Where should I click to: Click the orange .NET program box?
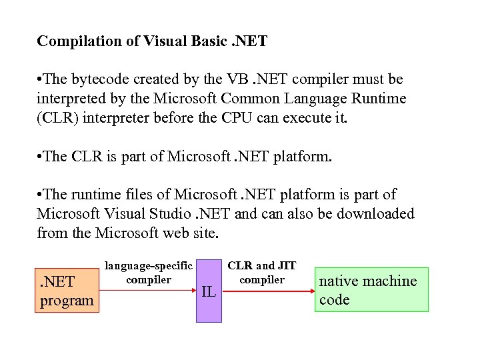67,291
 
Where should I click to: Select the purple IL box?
209,291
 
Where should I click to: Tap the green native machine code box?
371,290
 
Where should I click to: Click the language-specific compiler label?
149,273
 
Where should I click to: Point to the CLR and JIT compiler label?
262,273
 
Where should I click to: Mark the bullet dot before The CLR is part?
40,157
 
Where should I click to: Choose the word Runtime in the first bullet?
381,99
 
